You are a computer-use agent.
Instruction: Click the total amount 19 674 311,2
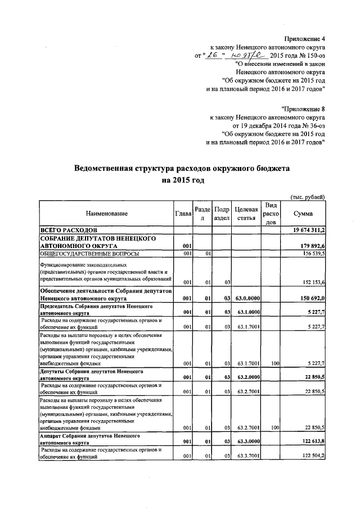click(x=309, y=231)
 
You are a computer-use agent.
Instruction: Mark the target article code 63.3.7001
click(x=245, y=457)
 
